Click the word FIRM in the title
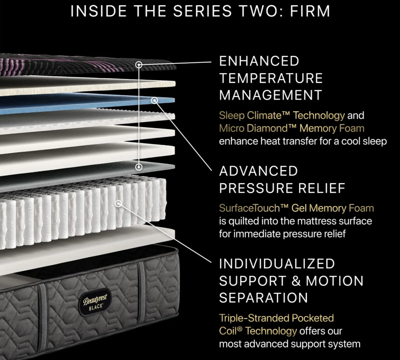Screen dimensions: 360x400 (x=309, y=11)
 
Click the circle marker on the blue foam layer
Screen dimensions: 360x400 (x=154, y=100)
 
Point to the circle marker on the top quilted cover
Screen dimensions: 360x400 (x=139, y=64)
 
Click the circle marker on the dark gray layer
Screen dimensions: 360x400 (x=139, y=166)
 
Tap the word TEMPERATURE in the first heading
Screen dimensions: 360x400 (x=271, y=78)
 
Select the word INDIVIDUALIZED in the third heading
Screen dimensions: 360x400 (x=277, y=264)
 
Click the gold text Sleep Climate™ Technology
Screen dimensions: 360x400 (x=282, y=115)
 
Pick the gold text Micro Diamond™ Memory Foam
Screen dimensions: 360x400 (x=291, y=128)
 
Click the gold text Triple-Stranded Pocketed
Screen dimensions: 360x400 (x=276, y=318)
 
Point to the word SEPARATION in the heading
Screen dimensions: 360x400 (x=264, y=298)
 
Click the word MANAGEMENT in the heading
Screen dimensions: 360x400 (x=270, y=95)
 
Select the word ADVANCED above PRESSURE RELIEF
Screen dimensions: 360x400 (x=258, y=171)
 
